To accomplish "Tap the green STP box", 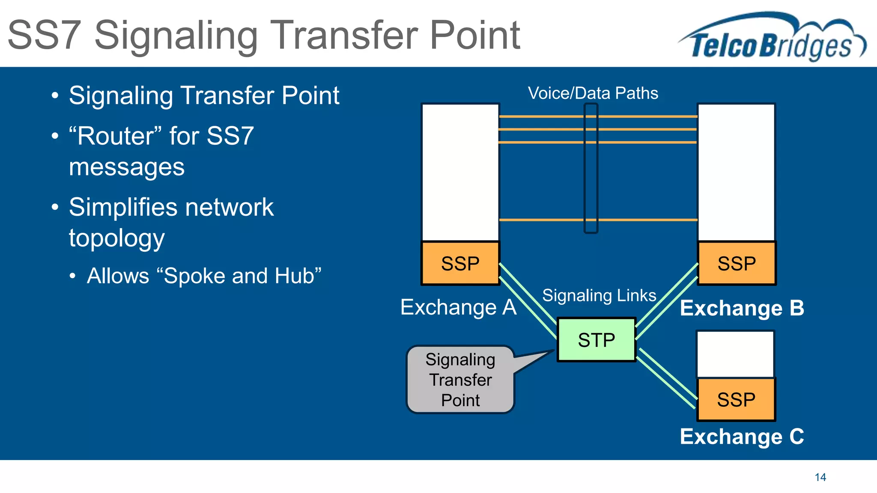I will pyautogui.click(x=596, y=340).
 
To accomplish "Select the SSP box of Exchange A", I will pyautogui.click(x=460, y=263).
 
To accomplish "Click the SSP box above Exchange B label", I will pyautogui.click(x=737, y=263).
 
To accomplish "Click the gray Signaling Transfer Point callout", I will pyautogui.click(x=460, y=380).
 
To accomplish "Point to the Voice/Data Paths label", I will pyautogui.click(x=593, y=93).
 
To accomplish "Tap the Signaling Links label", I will pyautogui.click(x=599, y=295).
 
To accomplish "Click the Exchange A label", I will pyautogui.click(x=458, y=307).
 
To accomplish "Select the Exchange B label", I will pyautogui.click(x=742, y=308).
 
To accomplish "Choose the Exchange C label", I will pyautogui.click(x=742, y=437).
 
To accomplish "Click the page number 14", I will pyautogui.click(x=820, y=477).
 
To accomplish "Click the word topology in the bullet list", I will pyautogui.click(x=116, y=239).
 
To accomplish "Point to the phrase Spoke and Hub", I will pyautogui.click(x=242, y=276).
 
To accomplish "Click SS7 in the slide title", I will pyautogui.click(x=45, y=35).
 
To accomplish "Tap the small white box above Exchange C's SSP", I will pyautogui.click(x=735, y=354).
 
